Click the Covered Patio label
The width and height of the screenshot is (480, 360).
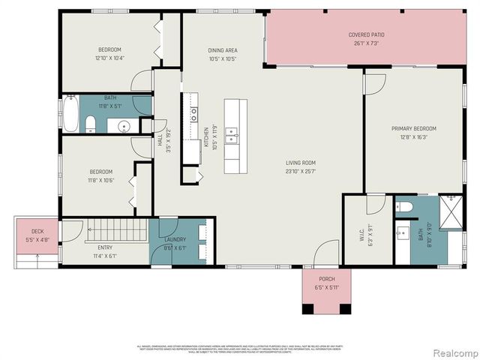367,35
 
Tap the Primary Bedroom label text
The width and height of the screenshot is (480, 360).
413,128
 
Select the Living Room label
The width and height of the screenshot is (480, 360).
300,163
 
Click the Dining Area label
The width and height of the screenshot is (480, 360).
223,50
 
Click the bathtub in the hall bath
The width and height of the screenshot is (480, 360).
70,112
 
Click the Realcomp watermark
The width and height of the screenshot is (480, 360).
451,352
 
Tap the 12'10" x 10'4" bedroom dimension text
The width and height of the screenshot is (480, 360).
109,58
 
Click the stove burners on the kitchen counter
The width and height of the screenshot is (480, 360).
193,113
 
